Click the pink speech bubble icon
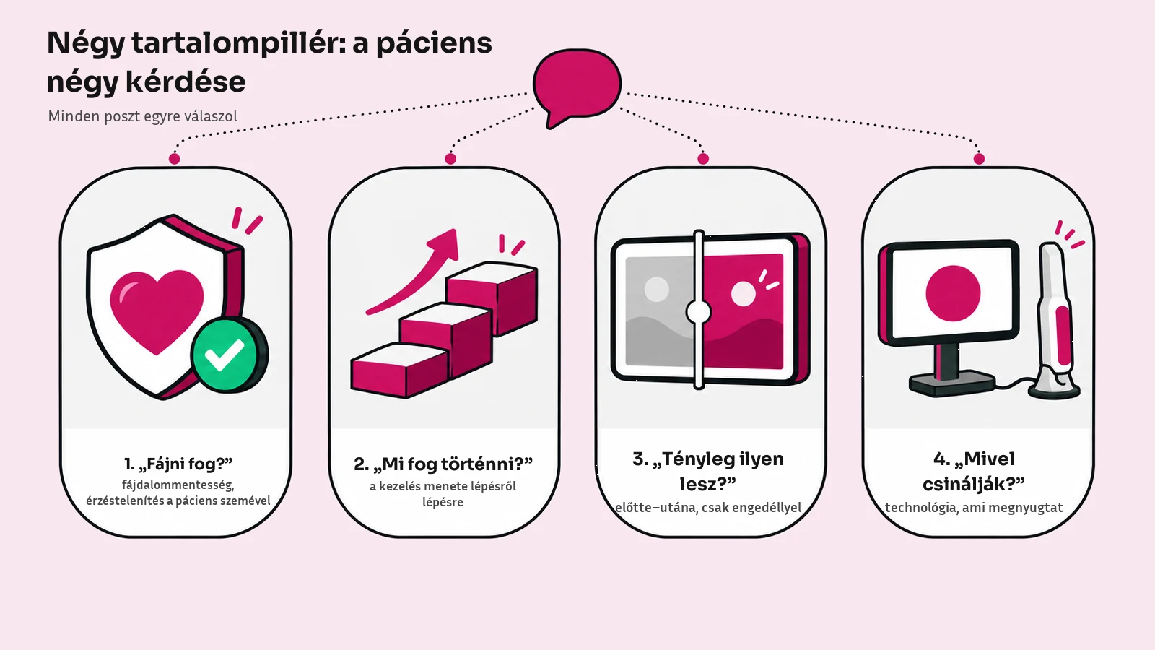pyautogui.click(x=577, y=86)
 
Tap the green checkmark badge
pyautogui.click(x=229, y=355)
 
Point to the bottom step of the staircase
pyautogui.click(x=400, y=370)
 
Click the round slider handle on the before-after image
pyautogui.click(x=699, y=312)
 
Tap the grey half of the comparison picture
pyautogui.click(x=659, y=311)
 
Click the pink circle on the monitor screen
pyautogui.click(x=953, y=293)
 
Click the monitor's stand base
pyautogui.click(x=951, y=383)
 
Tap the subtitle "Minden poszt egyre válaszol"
pyautogui.click(x=142, y=116)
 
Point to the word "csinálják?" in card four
pyautogui.click(x=974, y=484)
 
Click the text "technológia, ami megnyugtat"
pyautogui.click(x=974, y=508)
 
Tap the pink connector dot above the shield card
pyautogui.click(x=174, y=159)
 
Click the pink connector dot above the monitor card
pyautogui.click(x=979, y=159)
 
